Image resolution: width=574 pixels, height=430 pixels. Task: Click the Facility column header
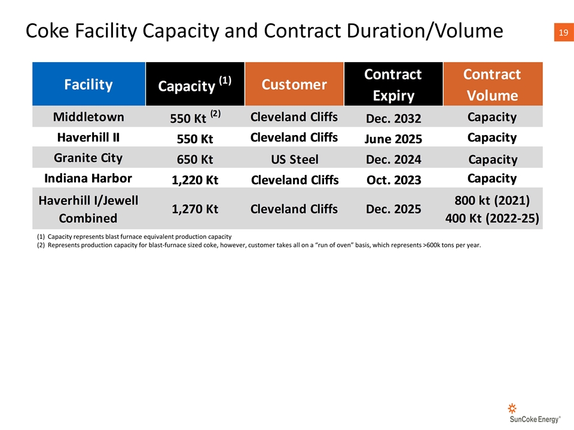pyautogui.click(x=88, y=84)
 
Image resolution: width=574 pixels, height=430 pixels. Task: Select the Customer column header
pyautogui.click(x=294, y=84)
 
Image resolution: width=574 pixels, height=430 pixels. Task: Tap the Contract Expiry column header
pyautogui.click(x=393, y=84)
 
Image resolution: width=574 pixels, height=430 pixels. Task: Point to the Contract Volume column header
pyautogui.click(x=493, y=84)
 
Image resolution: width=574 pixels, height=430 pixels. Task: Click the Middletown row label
pyautogui.click(x=88, y=117)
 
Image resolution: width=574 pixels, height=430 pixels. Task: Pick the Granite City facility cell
pyautogui.click(x=88, y=158)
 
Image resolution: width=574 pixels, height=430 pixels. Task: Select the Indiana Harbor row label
pyautogui.click(x=88, y=179)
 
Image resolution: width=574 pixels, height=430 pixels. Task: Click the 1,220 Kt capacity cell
pyautogui.click(x=195, y=180)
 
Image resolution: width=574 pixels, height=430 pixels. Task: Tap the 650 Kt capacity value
pyautogui.click(x=195, y=159)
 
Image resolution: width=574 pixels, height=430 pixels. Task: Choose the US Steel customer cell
pyautogui.click(x=295, y=159)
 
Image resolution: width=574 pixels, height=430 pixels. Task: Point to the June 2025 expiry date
pyautogui.click(x=393, y=139)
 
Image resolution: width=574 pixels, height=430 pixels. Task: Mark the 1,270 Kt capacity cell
pyautogui.click(x=195, y=209)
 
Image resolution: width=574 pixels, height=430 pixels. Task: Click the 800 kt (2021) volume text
pyautogui.click(x=492, y=201)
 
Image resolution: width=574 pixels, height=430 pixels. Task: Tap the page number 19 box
pyautogui.click(x=564, y=32)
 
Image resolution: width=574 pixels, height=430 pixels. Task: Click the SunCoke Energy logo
pyautogui.click(x=535, y=413)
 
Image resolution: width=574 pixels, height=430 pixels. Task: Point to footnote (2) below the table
pyautogui.click(x=259, y=245)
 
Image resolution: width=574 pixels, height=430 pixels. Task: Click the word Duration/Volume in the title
pyautogui.click(x=425, y=30)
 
